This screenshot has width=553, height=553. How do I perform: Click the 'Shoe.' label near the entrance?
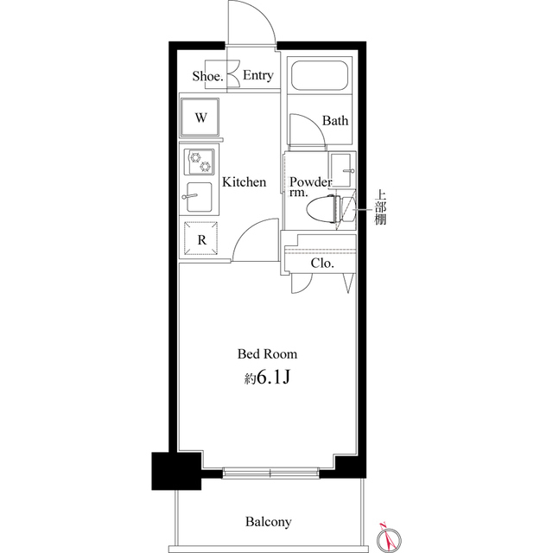pos(208,76)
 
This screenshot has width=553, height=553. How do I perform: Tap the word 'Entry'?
pos(257,76)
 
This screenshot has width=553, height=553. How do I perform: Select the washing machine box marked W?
pos(200,118)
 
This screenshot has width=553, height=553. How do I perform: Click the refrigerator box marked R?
pos(200,239)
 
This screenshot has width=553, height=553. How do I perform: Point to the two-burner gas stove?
pos(200,162)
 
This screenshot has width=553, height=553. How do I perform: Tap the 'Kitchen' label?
pos(245,182)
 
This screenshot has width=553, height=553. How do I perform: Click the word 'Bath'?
pos(335,121)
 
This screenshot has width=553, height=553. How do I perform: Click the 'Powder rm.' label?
pos(310,188)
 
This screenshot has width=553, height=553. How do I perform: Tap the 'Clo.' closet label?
pos(322,264)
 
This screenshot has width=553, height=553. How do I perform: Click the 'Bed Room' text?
pos(268,354)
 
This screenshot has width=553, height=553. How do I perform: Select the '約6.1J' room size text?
pos(268,378)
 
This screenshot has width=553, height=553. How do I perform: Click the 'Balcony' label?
pos(268,522)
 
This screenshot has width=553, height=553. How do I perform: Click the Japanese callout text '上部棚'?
pos(380,207)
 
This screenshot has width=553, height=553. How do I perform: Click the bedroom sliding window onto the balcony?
pos(270,472)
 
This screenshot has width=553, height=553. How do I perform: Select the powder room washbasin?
pos(343,170)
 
